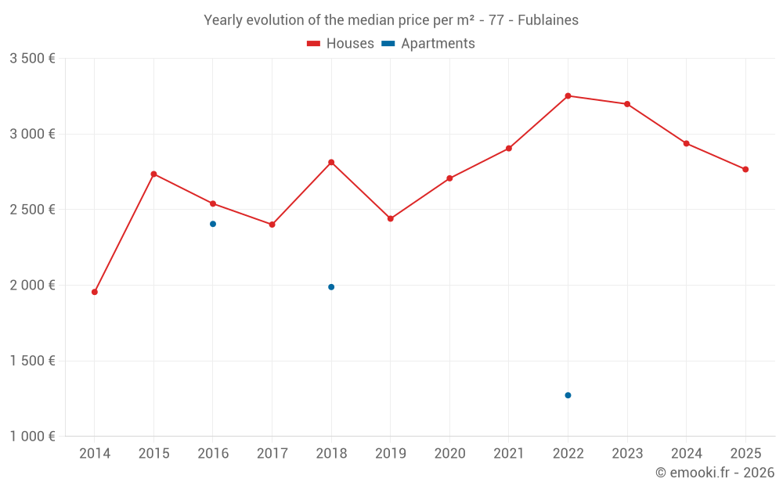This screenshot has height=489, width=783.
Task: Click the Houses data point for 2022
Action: pyautogui.click(x=568, y=95)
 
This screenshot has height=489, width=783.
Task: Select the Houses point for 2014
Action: pyautogui.click(x=95, y=292)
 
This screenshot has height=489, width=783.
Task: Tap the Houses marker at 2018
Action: pyautogui.click(x=331, y=162)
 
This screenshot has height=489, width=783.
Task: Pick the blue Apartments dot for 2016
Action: pyautogui.click(x=213, y=224)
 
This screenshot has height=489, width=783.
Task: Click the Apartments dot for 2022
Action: pyautogui.click(x=568, y=395)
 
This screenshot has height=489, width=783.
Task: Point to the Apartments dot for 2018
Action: pyautogui.click(x=331, y=287)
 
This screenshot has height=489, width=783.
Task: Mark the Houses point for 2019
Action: pyautogui.click(x=391, y=218)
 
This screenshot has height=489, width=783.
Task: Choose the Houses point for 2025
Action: pyautogui.click(x=745, y=169)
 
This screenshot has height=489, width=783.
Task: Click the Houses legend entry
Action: pyautogui.click(x=341, y=44)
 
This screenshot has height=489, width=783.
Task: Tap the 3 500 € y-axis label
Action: pyautogui.click(x=32, y=59)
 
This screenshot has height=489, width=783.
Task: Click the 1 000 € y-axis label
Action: pyautogui.click(x=32, y=437)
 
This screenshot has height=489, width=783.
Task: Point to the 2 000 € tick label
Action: pyautogui.click(x=32, y=286)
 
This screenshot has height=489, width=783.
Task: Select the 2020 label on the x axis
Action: pyautogui.click(x=449, y=454)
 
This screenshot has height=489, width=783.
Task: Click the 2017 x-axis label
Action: pyautogui.click(x=272, y=454)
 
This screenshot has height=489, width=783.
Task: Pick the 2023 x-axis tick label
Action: pyautogui.click(x=627, y=454)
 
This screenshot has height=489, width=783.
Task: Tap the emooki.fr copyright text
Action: pyautogui.click(x=715, y=473)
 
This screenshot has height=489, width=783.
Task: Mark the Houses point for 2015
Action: pyautogui.click(x=154, y=174)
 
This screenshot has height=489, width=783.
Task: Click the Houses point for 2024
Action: pyautogui.click(x=687, y=143)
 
